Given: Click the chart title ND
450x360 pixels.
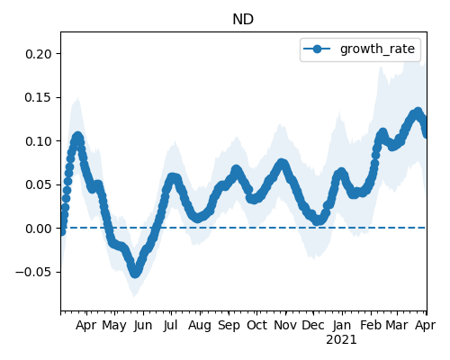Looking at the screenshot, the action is pyautogui.click(x=243, y=20).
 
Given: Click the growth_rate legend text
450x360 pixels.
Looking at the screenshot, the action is pyautogui.click(x=377, y=49).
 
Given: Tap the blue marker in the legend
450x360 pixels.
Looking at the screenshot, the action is pyautogui.click(x=317, y=49).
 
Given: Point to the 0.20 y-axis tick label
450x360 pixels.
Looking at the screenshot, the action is pyautogui.click(x=39, y=54).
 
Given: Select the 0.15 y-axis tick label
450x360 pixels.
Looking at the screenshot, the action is pyautogui.click(x=39, y=97).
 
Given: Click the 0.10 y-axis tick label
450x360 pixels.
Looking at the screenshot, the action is pyautogui.click(x=39, y=141).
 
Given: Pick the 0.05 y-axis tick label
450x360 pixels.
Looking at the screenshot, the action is pyautogui.click(x=39, y=184).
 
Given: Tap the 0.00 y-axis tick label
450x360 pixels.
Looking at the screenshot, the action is pyautogui.click(x=39, y=229).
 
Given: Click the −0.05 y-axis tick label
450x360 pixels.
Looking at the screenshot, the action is pyautogui.click(x=34, y=272).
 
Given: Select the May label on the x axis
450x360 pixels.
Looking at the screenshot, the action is pyautogui.click(x=114, y=326).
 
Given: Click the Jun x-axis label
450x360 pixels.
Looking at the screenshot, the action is pyautogui.click(x=143, y=326).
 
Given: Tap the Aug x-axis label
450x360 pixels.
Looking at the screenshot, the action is pyautogui.click(x=200, y=326).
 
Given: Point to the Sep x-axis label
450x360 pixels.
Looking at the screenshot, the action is pyautogui.click(x=229, y=326).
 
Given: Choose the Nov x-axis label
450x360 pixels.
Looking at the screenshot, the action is pyautogui.click(x=285, y=326).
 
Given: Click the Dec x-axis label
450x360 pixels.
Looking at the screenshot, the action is pyautogui.click(x=313, y=326).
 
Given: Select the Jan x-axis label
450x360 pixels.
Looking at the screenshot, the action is pyautogui.click(x=342, y=326).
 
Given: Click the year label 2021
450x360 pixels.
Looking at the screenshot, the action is pyautogui.click(x=342, y=340).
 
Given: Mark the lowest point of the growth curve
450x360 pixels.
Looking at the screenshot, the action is pyautogui.click(x=135, y=273).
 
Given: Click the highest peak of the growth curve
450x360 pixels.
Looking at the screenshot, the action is pyautogui.click(x=418, y=112).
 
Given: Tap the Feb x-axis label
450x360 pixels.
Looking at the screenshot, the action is pyautogui.click(x=371, y=326).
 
